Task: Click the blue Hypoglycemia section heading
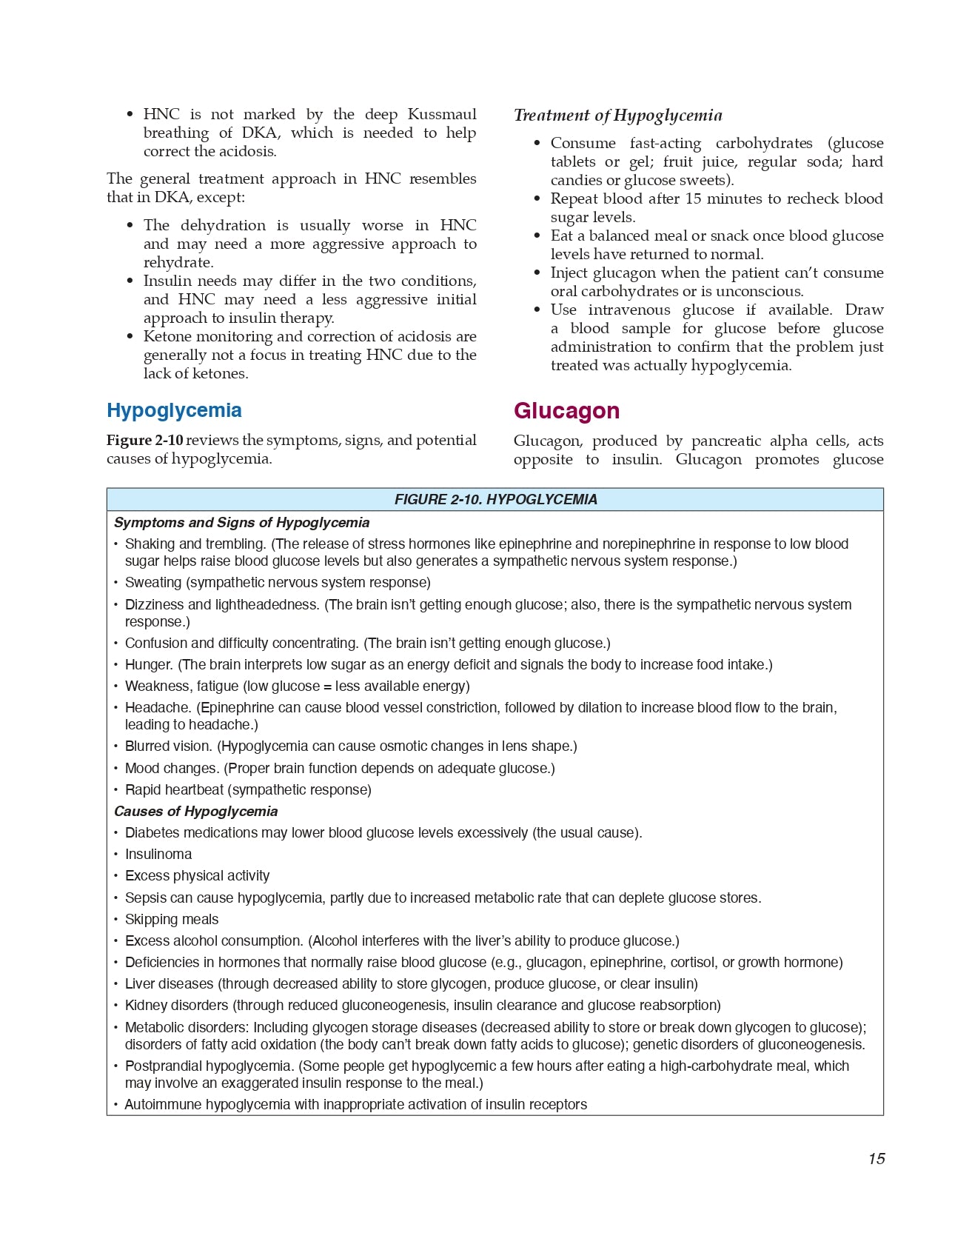pyautogui.click(x=174, y=410)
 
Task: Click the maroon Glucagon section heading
pyautogui.click(x=566, y=411)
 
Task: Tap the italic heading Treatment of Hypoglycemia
pyautogui.click(x=617, y=116)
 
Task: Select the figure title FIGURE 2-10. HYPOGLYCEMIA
pyautogui.click(x=495, y=500)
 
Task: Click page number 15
pyautogui.click(x=877, y=1159)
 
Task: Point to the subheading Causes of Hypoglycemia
pyautogui.click(x=195, y=812)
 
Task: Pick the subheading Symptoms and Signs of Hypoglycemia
pyautogui.click(x=241, y=523)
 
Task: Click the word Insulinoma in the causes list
pyautogui.click(x=158, y=855)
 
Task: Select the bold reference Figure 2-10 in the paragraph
pyautogui.click(x=144, y=441)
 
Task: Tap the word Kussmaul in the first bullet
pyautogui.click(x=442, y=115)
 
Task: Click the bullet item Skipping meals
pyautogui.click(x=172, y=920)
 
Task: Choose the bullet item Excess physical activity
pyautogui.click(x=197, y=876)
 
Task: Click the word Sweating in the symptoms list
pyautogui.click(x=155, y=583)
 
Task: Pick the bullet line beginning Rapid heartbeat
pyautogui.click(x=248, y=790)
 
